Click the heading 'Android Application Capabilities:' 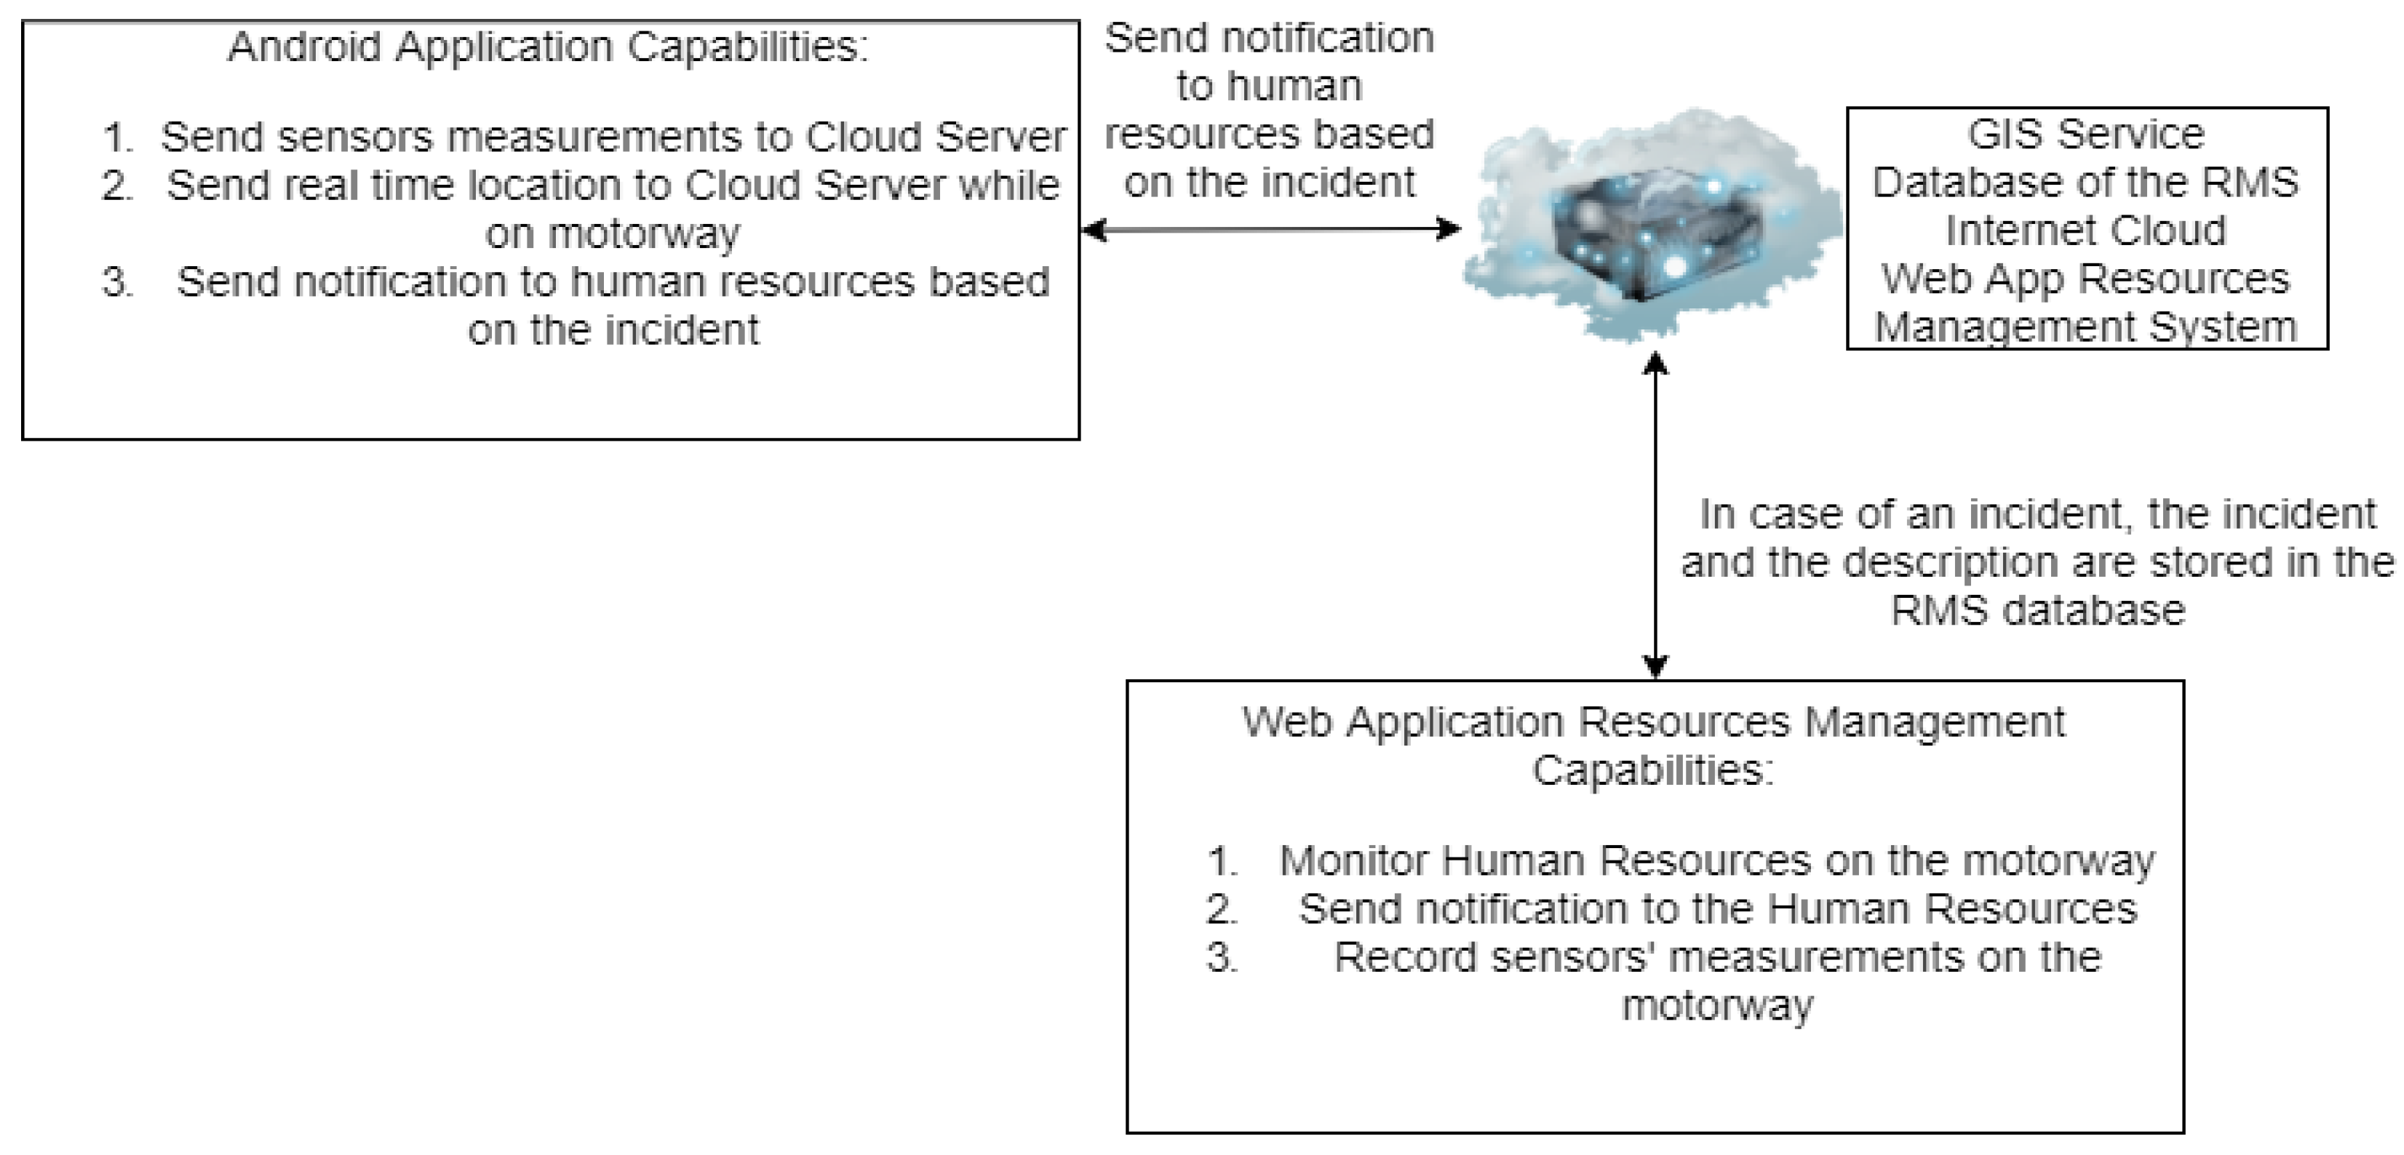(x=548, y=47)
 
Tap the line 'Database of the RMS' (x=2086, y=183)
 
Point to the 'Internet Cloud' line (x=2086, y=231)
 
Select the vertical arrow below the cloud (x=1655, y=515)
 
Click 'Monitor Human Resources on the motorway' (x=1717, y=860)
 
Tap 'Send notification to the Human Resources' (x=1717, y=908)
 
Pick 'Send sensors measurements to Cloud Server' (x=613, y=137)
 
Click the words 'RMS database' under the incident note (x=2038, y=611)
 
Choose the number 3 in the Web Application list (x=1222, y=958)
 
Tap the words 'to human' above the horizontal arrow (x=1269, y=87)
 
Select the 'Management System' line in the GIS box (x=2086, y=327)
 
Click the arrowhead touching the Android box (x=1093, y=228)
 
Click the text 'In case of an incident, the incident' (x=2038, y=515)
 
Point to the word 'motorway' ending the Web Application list (x=1717, y=1006)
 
